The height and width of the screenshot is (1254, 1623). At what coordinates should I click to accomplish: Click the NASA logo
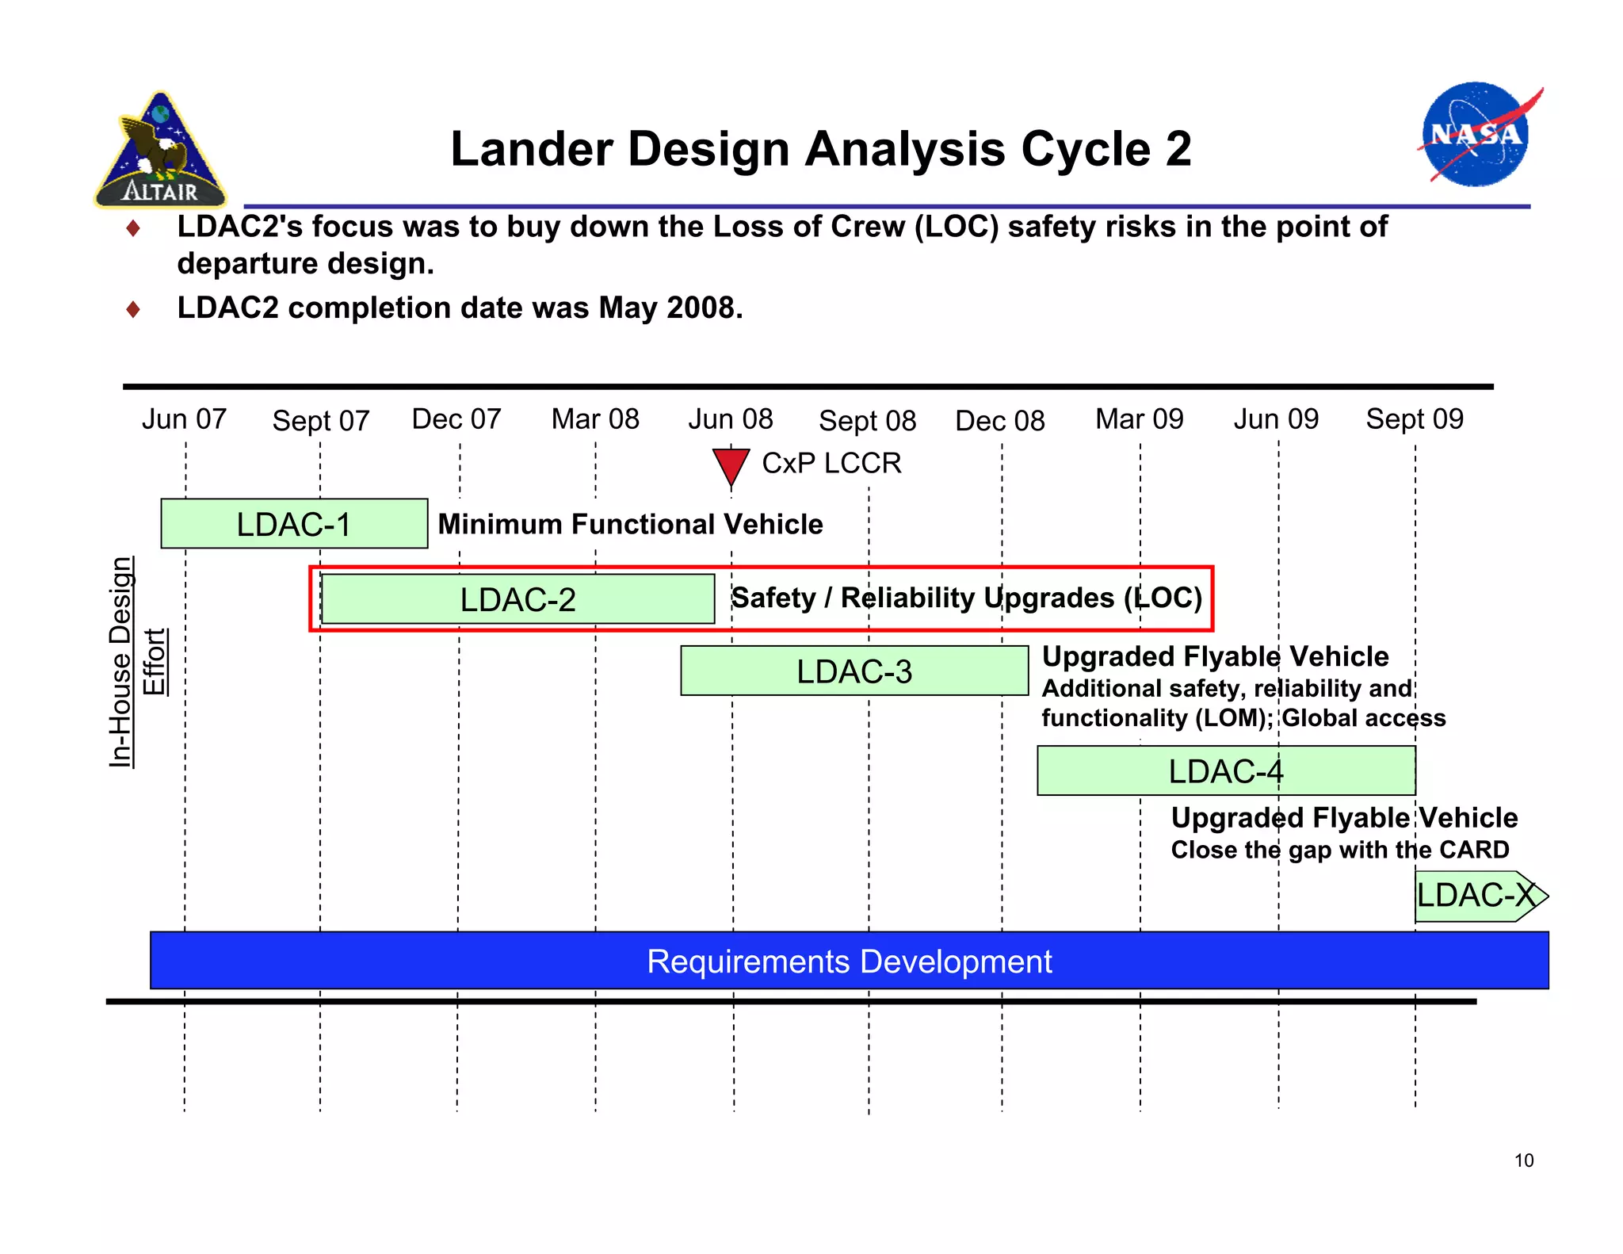1476,135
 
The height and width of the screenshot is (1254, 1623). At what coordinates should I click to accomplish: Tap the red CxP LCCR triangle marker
730,466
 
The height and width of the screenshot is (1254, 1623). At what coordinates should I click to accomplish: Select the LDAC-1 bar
294,524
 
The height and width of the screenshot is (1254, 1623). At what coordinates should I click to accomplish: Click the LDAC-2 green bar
517,599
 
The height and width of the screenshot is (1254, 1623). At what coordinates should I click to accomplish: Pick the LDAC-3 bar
854,671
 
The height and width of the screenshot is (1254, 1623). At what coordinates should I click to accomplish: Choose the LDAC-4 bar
1225,770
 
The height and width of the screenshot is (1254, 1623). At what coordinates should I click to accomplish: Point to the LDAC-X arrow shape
1479,897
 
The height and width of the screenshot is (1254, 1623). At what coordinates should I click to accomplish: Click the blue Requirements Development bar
849,961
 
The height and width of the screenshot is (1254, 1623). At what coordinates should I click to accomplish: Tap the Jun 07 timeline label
184,419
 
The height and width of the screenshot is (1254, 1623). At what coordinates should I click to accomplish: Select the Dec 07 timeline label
456,419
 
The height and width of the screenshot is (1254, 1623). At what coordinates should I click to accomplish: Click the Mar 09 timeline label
1139,419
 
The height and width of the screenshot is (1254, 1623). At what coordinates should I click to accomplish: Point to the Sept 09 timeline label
1415,419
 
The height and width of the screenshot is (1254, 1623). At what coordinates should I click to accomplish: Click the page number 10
1523,1160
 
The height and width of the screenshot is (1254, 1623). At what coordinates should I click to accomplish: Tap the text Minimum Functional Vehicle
630,524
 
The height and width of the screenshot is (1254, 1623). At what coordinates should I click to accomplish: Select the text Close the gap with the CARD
1339,850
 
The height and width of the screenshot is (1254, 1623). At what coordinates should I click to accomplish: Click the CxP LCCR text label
831,463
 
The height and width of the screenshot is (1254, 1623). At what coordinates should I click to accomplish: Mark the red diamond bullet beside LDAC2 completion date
133,308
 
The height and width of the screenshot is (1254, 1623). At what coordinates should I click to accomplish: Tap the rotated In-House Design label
120,662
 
